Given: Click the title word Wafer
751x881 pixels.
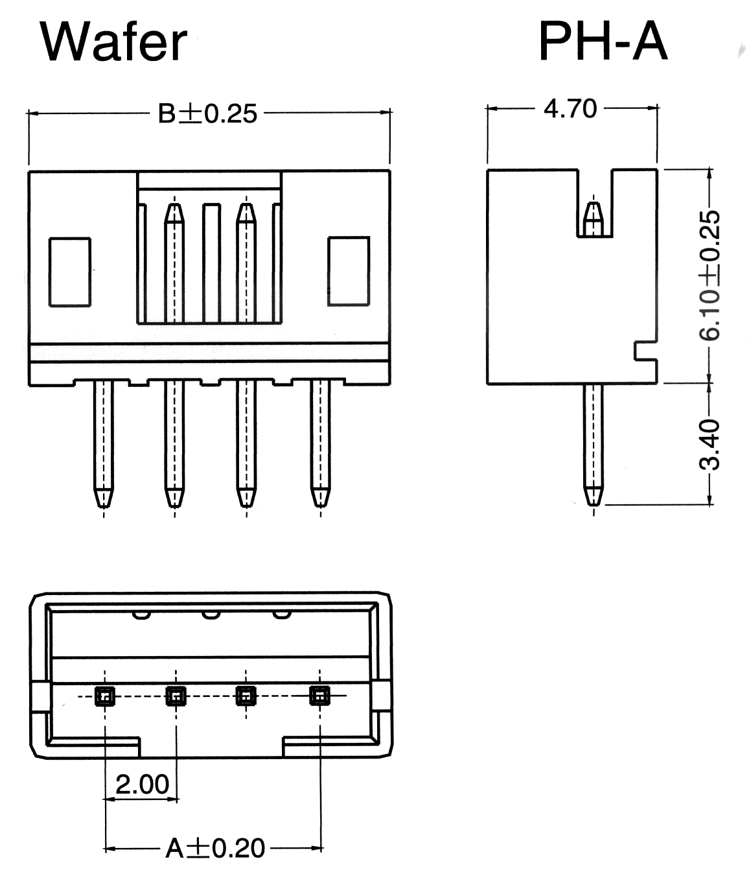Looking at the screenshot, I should (113, 41).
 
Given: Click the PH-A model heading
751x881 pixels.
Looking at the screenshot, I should (603, 41).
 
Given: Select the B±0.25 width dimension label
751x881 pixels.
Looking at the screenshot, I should (208, 113).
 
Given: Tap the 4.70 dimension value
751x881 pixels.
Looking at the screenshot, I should (570, 108).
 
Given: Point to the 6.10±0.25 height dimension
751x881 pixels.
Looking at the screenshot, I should (710, 275).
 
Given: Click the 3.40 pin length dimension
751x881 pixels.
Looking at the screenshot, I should (710, 444).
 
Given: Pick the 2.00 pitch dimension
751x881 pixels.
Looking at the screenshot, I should (142, 784).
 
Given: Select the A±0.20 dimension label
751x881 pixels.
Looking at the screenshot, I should (215, 848).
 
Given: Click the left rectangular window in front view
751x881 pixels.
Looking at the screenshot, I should (70, 272).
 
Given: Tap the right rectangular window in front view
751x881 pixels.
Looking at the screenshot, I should (349, 271).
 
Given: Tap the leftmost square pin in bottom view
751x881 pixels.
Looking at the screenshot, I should (104, 696).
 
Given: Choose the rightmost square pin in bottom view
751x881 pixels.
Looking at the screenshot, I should (318, 696).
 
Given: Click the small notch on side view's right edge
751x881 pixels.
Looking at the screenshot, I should (645, 351).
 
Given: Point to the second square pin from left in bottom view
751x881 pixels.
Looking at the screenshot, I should (176, 696).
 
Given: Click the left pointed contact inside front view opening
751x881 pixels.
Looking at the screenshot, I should (174, 214).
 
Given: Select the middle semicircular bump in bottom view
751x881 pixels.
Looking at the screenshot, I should (210, 613).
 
